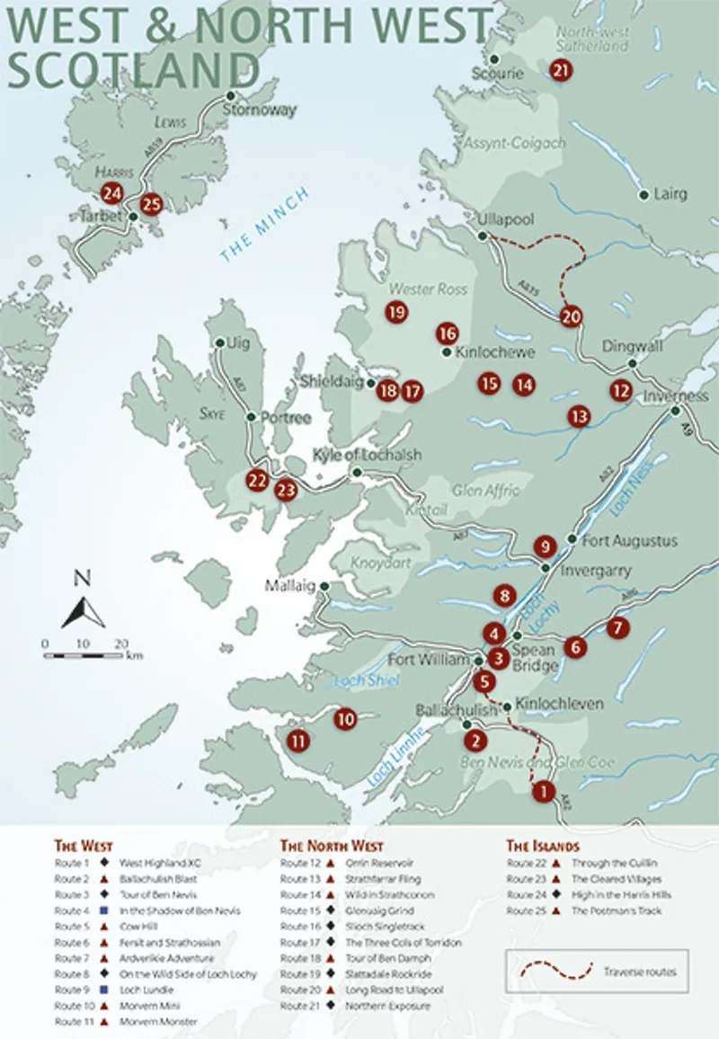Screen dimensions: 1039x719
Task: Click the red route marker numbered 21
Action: pos(561,71)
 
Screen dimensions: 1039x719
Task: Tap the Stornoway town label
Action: pos(260,111)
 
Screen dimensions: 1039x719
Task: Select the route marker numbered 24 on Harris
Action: pos(112,192)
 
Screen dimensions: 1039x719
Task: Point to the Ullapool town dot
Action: pos(483,235)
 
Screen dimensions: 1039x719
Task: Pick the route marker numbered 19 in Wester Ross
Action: pos(395,313)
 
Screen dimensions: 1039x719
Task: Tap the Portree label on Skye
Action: pos(285,418)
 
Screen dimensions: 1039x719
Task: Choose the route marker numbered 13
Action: pos(579,416)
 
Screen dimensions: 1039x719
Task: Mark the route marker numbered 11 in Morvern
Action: pos(298,741)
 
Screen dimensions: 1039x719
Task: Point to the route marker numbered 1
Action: pos(543,792)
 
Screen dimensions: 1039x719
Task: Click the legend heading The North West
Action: pos(332,846)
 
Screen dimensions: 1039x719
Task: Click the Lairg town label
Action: pos(670,194)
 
